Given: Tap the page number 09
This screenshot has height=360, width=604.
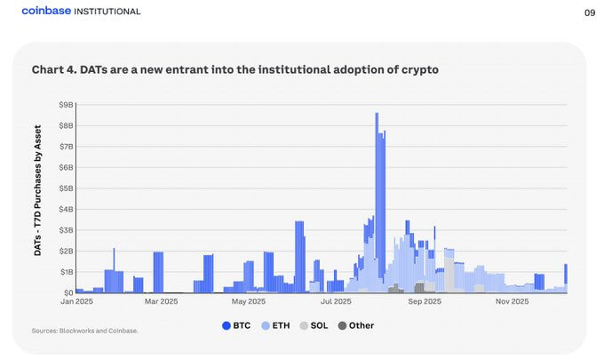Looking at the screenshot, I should click(589, 12).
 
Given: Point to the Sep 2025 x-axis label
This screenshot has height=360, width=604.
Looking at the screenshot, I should click(425, 303).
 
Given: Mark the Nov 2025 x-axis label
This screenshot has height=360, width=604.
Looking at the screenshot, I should click(512, 303).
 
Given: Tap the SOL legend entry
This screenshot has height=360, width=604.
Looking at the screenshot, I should click(314, 325).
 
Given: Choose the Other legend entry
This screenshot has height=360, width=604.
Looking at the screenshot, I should click(355, 325).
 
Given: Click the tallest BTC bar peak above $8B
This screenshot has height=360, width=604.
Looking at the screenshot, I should click(377, 116).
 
